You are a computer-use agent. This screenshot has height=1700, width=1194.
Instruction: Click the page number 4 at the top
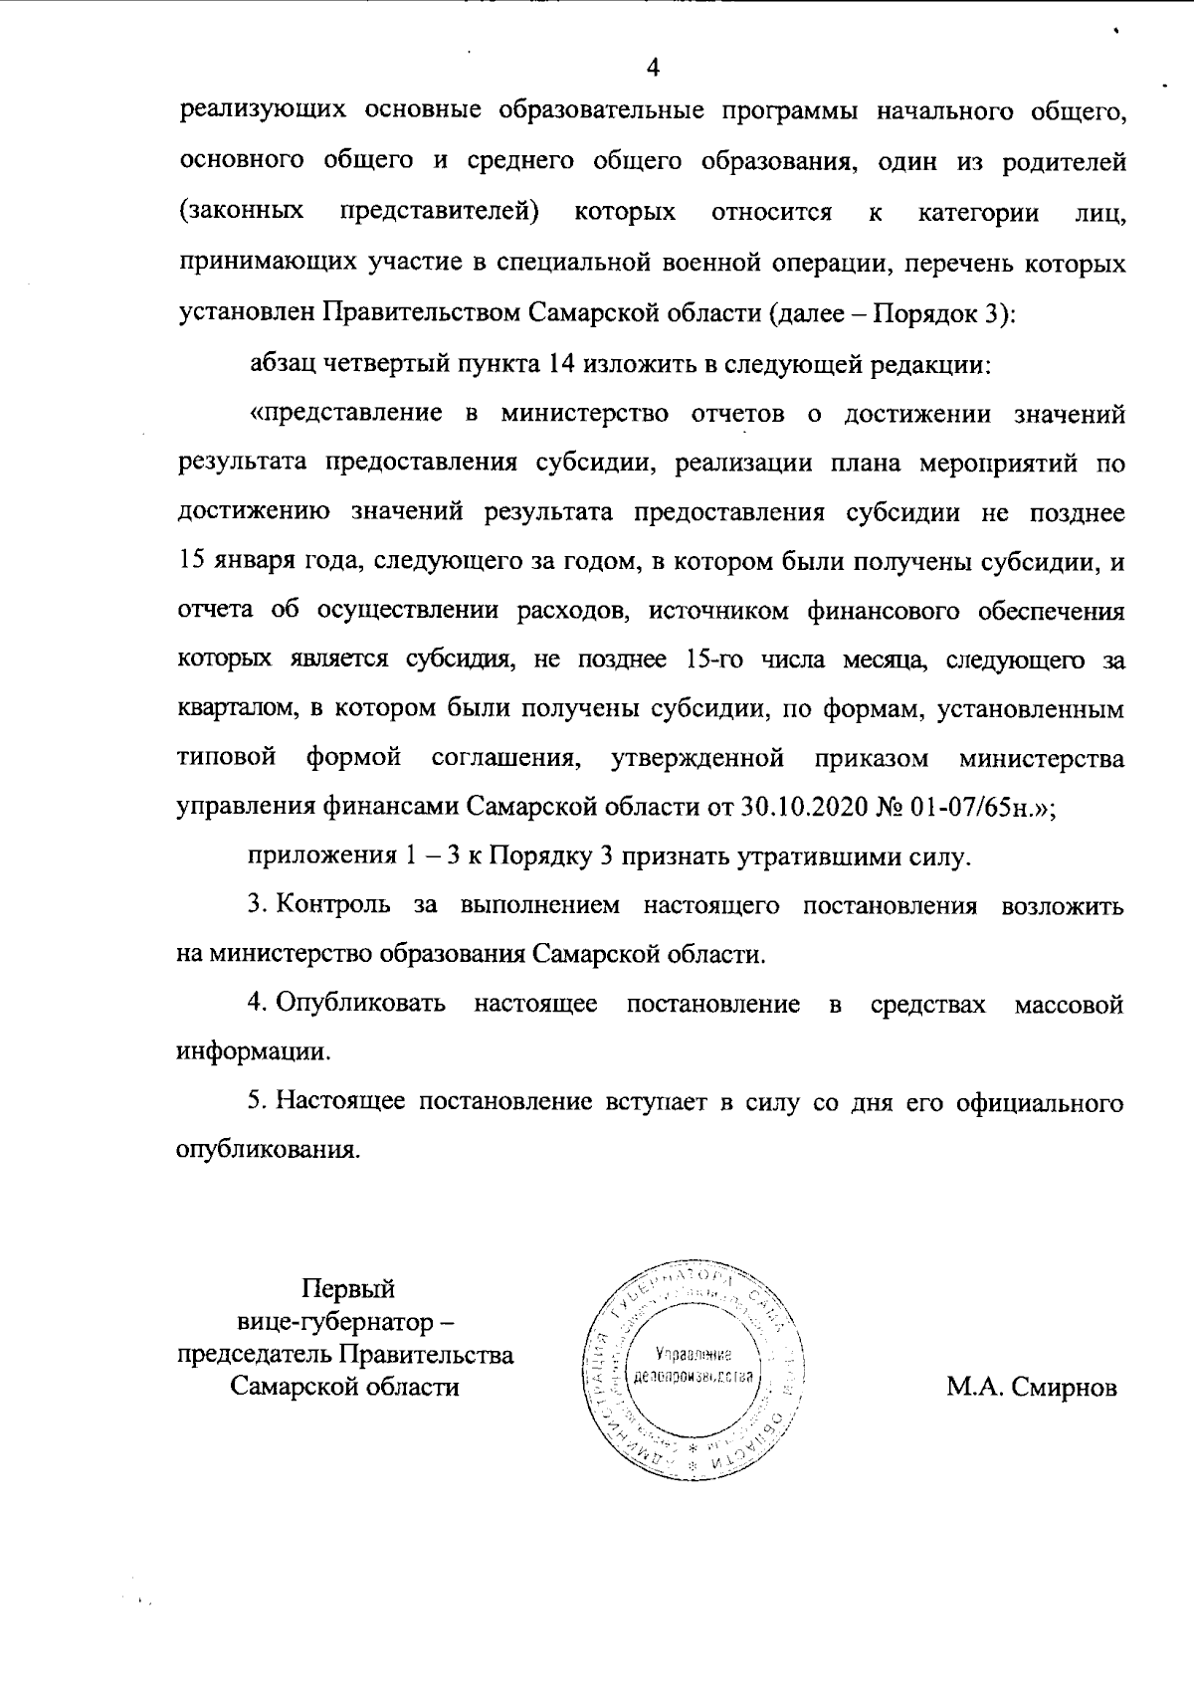pos(653,69)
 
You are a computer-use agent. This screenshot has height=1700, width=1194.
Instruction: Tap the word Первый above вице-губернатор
pos(347,1289)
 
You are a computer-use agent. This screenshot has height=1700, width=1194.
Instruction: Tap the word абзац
pos(282,364)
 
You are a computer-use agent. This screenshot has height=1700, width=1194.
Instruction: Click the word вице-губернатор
pos(334,1322)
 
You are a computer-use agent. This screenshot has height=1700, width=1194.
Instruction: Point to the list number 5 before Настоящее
pos(256,1103)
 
